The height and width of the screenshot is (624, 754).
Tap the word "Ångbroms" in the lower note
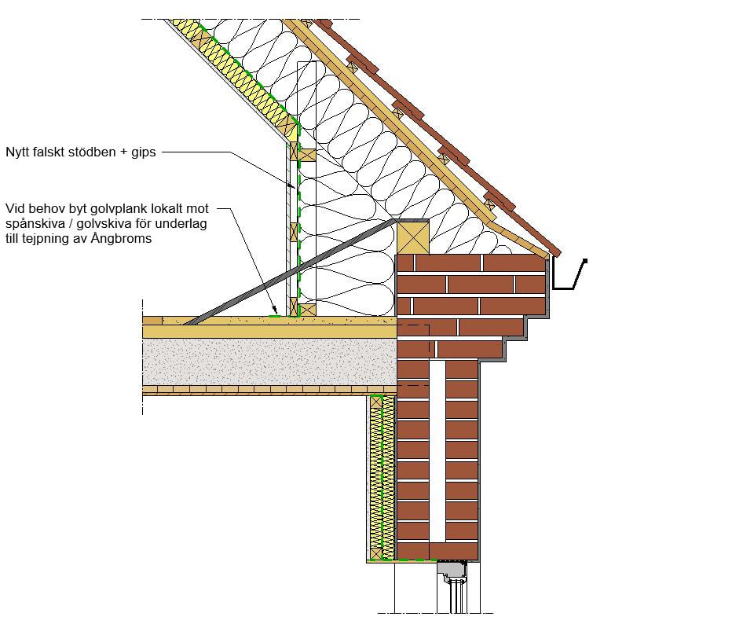(x=121, y=238)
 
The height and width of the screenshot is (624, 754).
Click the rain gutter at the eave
(x=569, y=274)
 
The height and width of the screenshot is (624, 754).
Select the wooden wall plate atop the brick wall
(x=412, y=237)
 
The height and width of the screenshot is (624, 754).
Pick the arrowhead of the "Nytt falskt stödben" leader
(x=292, y=185)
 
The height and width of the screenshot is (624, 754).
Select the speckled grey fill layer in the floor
(x=269, y=362)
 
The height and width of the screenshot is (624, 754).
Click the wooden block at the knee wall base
(x=307, y=310)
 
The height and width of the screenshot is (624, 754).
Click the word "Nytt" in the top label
(x=18, y=152)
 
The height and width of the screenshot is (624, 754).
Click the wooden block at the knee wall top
(x=307, y=155)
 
